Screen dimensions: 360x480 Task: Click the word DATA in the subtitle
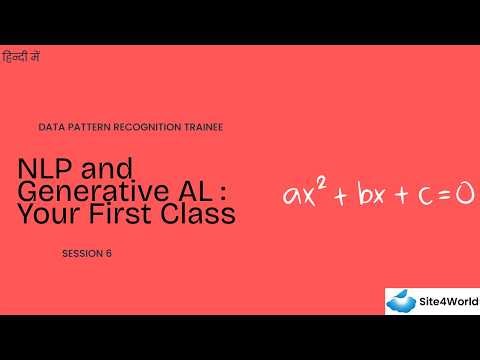50,128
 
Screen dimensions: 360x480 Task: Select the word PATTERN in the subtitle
90,128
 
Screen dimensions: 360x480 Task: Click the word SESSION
81,253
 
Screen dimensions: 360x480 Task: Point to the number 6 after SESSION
108,253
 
